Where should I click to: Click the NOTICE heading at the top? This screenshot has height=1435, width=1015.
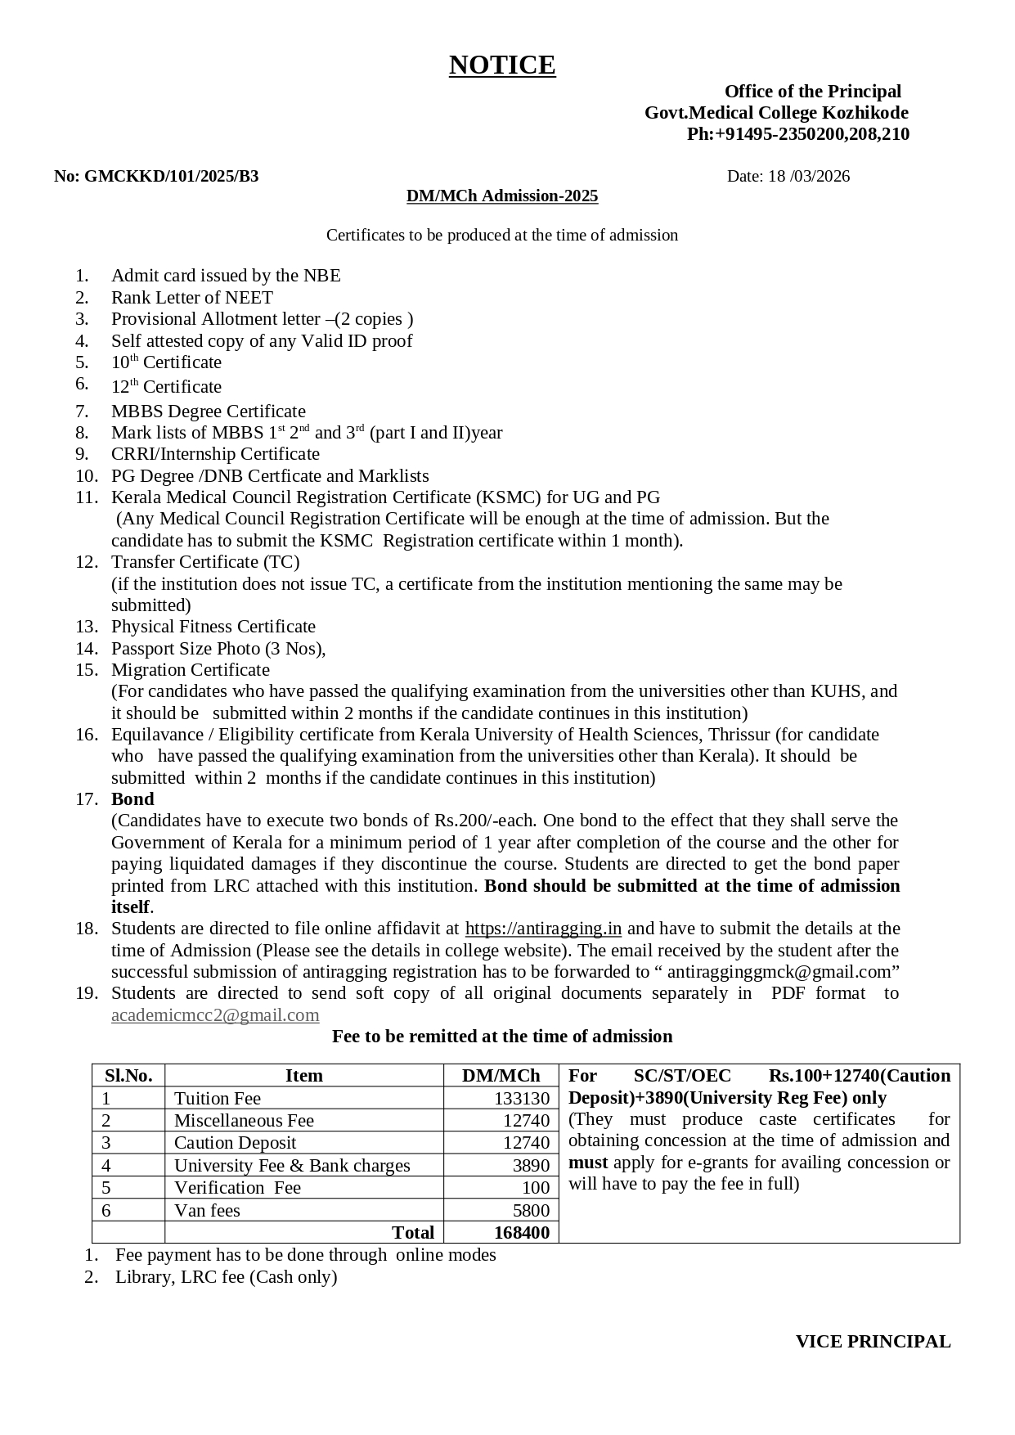(502, 65)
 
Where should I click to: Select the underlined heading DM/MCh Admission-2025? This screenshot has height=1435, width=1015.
(502, 196)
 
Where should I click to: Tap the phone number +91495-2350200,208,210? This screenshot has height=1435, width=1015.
(798, 134)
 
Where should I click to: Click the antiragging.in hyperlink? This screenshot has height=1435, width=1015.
(543, 929)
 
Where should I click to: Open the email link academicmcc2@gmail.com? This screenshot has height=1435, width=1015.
(215, 1015)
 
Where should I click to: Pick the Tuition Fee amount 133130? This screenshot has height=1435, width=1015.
(521, 1099)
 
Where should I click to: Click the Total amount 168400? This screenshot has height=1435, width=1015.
(521, 1233)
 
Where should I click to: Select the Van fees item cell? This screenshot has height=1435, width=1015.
(207, 1211)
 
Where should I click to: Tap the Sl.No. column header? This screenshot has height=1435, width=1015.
(128, 1076)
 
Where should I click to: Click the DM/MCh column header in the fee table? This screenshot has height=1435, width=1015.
(501, 1076)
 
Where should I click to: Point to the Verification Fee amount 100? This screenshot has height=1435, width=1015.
(536, 1188)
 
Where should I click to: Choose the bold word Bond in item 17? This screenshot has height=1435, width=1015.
(132, 799)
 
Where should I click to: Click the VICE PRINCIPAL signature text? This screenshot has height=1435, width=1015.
(873, 1342)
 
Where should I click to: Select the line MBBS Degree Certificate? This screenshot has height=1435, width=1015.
(209, 412)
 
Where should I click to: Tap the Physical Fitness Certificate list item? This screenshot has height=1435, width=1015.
(213, 627)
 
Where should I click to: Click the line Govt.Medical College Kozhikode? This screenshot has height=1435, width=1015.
(776, 113)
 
